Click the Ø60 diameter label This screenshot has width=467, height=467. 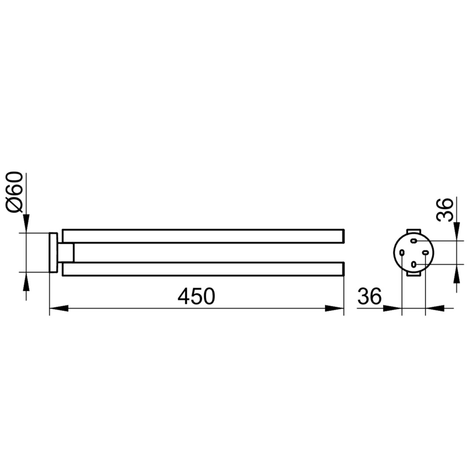pyautogui.click(x=14, y=192)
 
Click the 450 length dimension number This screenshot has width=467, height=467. pyautogui.click(x=196, y=296)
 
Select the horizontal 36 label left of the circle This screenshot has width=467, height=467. pyautogui.click(x=369, y=296)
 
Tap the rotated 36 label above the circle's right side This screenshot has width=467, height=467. pyautogui.click(x=445, y=210)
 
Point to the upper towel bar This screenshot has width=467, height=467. pyautogui.click(x=203, y=236)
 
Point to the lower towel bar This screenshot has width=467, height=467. pyautogui.click(x=203, y=269)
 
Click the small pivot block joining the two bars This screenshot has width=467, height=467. pyautogui.click(x=66, y=253)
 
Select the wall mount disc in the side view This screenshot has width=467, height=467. pyautogui.click(x=53, y=253)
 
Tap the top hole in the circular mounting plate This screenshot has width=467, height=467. pyautogui.click(x=413, y=241)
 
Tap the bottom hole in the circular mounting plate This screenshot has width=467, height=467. pyautogui.click(x=413, y=264)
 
